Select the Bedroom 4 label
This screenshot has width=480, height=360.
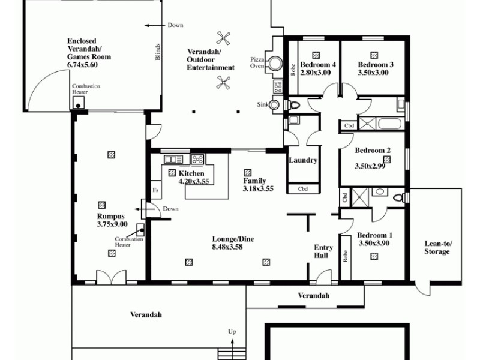click(317, 65)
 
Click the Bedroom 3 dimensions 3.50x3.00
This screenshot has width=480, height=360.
click(373, 73)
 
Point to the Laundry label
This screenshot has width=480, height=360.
click(302, 160)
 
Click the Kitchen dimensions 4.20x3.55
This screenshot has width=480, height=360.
click(193, 181)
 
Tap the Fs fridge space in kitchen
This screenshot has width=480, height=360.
click(155, 190)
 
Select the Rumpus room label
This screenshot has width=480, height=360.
click(111, 217)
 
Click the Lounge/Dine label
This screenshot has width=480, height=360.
click(233, 239)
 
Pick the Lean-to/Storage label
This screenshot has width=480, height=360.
click(437, 247)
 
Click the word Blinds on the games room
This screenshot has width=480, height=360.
click(157, 52)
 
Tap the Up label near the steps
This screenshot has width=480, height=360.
click(232, 331)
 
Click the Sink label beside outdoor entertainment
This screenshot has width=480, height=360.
click(262, 104)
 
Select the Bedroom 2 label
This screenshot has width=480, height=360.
click(373, 151)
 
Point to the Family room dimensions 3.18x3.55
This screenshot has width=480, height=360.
click(258, 188)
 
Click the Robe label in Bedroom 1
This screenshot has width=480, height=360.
click(346, 256)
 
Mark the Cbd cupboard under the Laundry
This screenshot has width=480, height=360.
click(303, 189)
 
